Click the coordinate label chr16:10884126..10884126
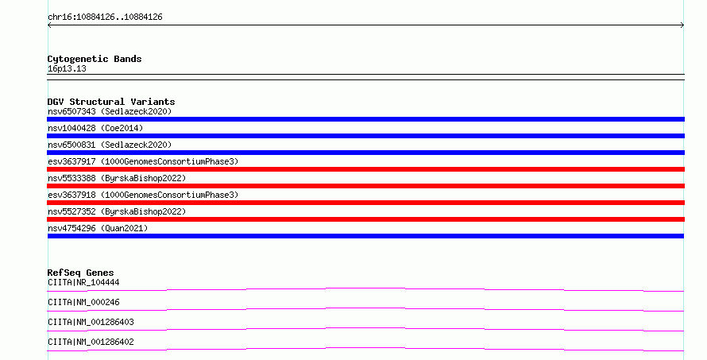105,17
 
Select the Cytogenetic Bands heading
95,59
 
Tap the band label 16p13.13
67,68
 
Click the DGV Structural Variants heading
111,102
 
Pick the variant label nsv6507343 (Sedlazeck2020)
110,111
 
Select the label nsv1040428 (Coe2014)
95,128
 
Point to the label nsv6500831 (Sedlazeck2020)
110,145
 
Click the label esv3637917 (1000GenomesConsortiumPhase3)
143,161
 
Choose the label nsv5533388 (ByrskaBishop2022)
117,178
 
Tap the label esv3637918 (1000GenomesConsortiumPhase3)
143,195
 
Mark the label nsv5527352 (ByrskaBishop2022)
117,211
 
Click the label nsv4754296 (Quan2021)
98,228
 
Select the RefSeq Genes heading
80,273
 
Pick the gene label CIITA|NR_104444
83,282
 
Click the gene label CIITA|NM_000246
83,302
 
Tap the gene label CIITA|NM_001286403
91,322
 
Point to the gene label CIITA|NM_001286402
91,342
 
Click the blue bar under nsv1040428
365,136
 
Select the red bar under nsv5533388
365,186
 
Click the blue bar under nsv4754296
365,236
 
